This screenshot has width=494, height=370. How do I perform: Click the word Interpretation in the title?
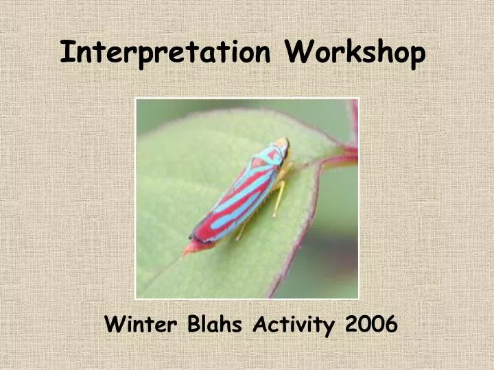tap(165, 52)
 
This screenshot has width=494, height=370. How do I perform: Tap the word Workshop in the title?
tap(355, 52)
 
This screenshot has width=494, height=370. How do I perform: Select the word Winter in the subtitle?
tap(141, 324)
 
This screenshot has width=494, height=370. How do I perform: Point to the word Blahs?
tap(215, 323)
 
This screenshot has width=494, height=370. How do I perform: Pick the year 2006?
tap(371, 323)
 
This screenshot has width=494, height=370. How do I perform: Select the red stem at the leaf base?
tap(344, 156)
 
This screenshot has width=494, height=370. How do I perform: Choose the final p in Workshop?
tap(416, 56)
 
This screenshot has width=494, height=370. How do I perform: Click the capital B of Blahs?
tap(194, 323)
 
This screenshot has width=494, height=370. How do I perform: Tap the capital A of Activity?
tap(260, 323)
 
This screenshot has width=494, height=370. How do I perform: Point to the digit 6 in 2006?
tap(391, 324)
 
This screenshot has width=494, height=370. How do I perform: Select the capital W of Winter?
tap(115, 324)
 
